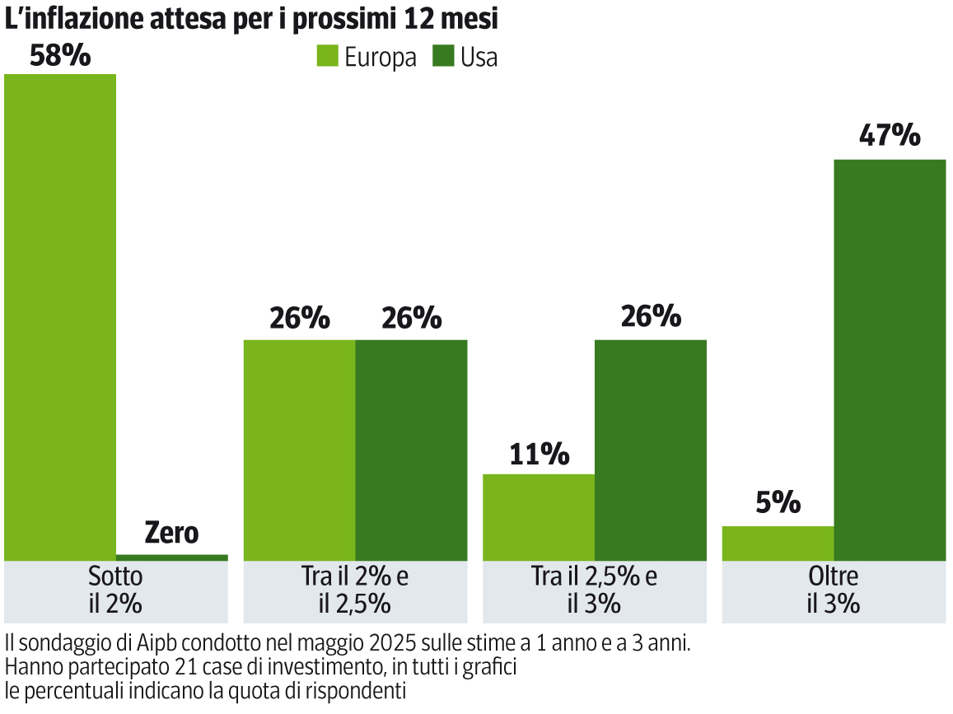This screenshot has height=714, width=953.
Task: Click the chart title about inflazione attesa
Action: tap(251, 20)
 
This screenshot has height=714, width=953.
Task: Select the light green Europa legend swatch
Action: tap(328, 57)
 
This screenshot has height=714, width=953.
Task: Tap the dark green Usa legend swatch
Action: tap(444, 57)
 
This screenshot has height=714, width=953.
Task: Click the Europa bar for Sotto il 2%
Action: tap(60, 317)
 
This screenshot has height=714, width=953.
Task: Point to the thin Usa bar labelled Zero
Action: tap(172, 558)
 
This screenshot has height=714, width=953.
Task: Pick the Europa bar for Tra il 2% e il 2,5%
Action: tap(300, 450)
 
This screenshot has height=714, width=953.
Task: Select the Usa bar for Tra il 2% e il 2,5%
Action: tap(411, 450)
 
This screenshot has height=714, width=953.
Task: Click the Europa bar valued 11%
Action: tap(539, 517)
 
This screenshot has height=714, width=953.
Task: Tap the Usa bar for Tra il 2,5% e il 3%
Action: tap(650, 450)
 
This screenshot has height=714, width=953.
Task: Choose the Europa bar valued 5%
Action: tap(778, 544)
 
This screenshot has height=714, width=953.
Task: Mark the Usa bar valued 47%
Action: tap(890, 359)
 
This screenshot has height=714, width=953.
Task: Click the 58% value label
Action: tap(59, 56)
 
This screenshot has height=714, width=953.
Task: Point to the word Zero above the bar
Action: tap(171, 533)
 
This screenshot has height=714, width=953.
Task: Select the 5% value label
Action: tap(778, 502)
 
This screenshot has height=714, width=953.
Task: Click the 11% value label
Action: tap(539, 454)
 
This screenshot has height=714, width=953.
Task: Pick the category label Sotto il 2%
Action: tap(115, 590)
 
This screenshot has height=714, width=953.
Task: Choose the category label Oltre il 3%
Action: tap(834, 590)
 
